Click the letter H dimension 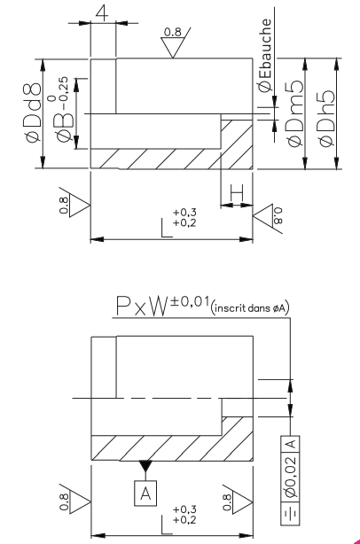click(236, 192)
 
